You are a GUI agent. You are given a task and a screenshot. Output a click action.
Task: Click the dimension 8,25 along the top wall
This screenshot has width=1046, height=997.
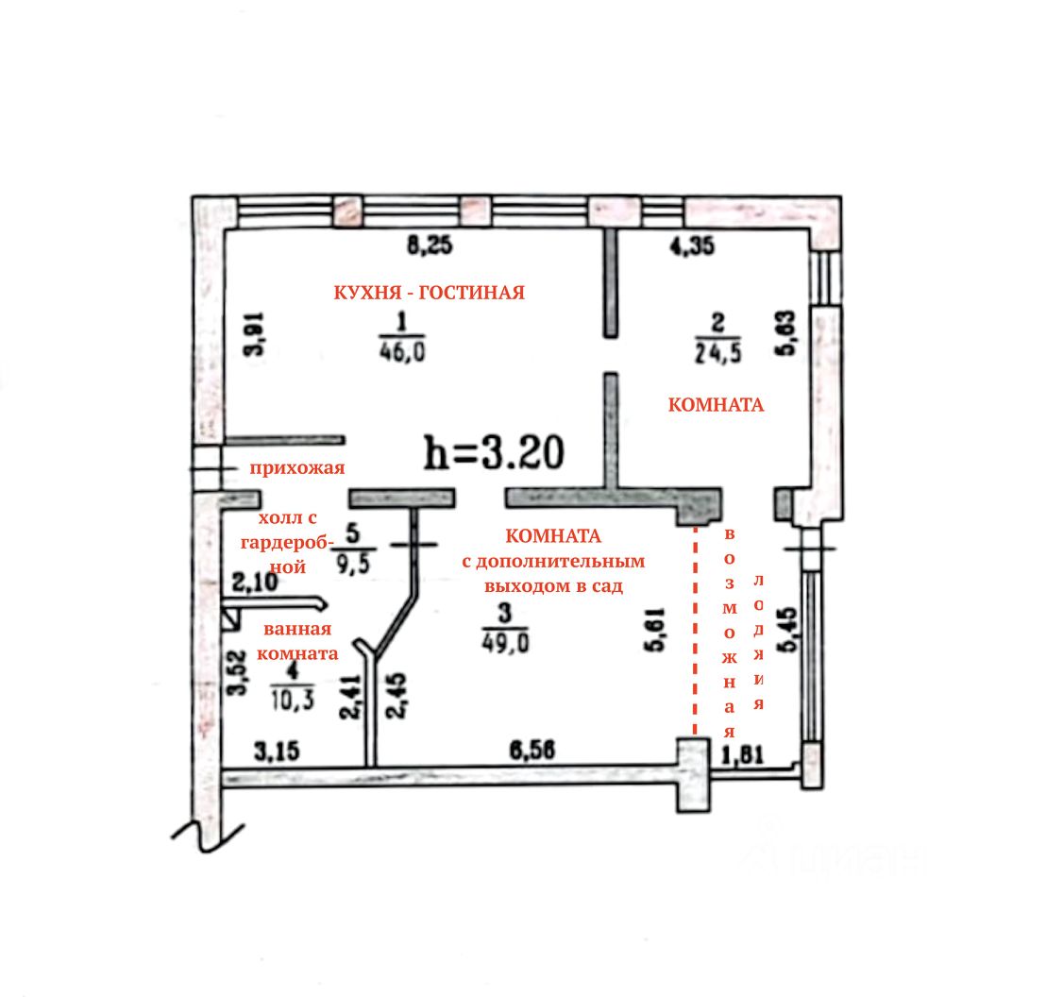pos(430,247)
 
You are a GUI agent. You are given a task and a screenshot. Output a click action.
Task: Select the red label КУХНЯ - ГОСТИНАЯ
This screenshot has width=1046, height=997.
pos(429,293)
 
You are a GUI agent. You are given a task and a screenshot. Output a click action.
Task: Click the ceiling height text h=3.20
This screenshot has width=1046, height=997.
pos(495,454)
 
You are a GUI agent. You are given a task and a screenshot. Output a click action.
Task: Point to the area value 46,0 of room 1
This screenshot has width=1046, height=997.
pos(402,353)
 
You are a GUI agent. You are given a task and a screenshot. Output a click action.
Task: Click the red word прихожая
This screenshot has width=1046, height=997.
pos(296,468)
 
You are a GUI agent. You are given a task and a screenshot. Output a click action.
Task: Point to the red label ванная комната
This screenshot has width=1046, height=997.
pos(297,641)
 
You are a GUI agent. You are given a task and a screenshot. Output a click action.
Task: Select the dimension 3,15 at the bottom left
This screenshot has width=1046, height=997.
pos(276,752)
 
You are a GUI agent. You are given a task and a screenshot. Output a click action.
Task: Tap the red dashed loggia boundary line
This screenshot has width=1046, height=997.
pos(696,633)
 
